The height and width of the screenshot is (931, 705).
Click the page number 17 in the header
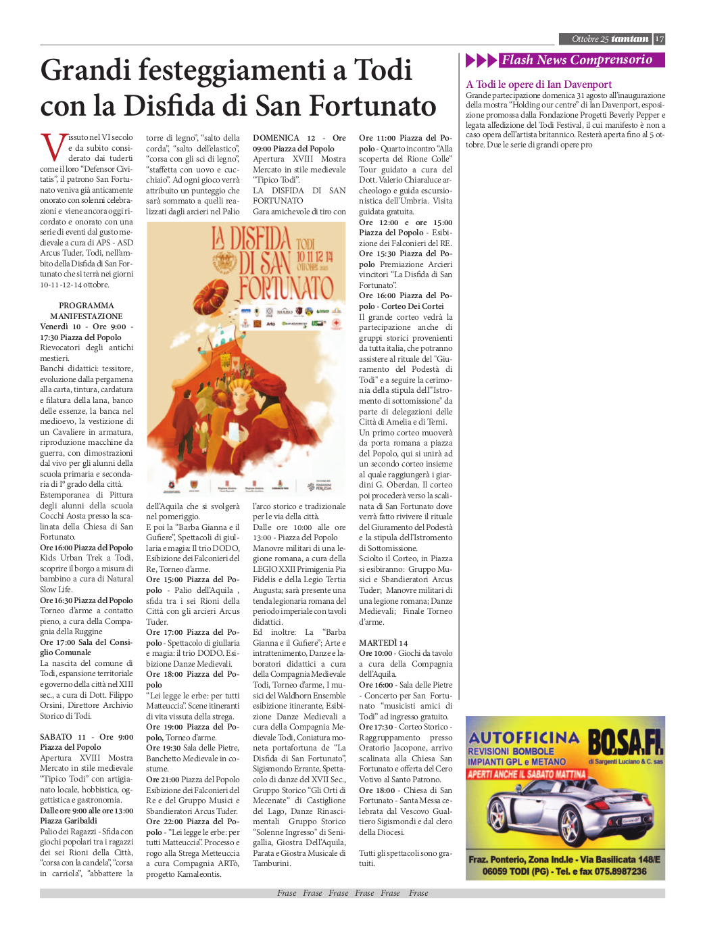pos(659,39)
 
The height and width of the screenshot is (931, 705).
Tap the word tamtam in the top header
pos(630,39)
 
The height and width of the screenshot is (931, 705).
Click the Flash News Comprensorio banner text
pos(577,60)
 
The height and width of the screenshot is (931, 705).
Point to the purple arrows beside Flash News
pos(481,60)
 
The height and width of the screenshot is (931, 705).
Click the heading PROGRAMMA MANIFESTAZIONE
pos(86,311)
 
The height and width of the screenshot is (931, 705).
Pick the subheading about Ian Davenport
pos(539,85)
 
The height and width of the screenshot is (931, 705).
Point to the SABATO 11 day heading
pos(63,737)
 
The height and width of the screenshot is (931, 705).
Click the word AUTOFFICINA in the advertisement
pos(523,737)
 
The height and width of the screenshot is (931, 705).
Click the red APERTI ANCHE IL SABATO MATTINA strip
pos(527,774)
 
